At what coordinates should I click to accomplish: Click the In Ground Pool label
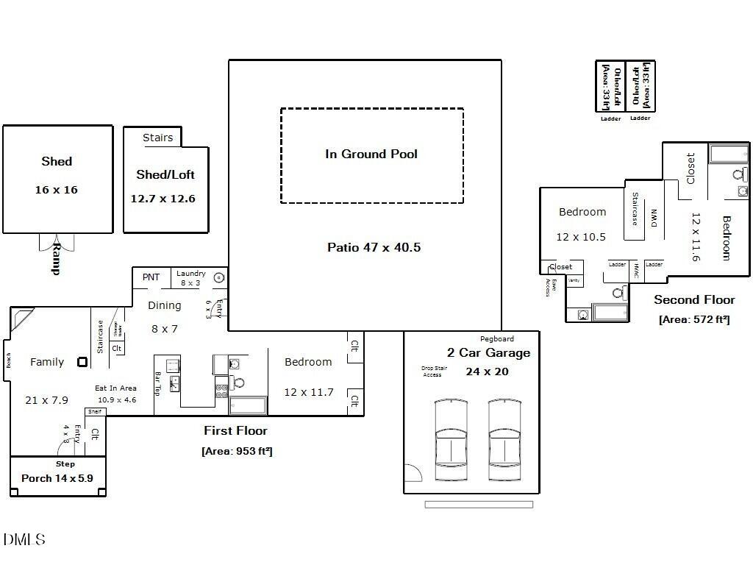371,154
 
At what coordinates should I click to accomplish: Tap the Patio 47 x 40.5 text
374,247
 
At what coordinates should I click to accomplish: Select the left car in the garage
451,439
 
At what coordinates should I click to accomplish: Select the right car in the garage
505,439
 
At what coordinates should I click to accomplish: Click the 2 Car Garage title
488,353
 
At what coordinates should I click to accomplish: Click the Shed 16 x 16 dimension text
57,190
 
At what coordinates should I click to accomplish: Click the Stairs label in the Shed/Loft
157,138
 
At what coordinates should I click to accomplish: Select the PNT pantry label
151,277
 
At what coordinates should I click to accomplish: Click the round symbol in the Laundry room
219,278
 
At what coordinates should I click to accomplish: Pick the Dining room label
164,305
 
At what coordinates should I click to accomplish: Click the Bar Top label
158,384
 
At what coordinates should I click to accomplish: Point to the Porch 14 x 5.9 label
57,478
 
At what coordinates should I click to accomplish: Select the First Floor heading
235,430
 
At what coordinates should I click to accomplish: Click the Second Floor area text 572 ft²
694,319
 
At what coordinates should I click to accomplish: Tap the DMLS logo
24,540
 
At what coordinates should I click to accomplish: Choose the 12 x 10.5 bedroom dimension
581,237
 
